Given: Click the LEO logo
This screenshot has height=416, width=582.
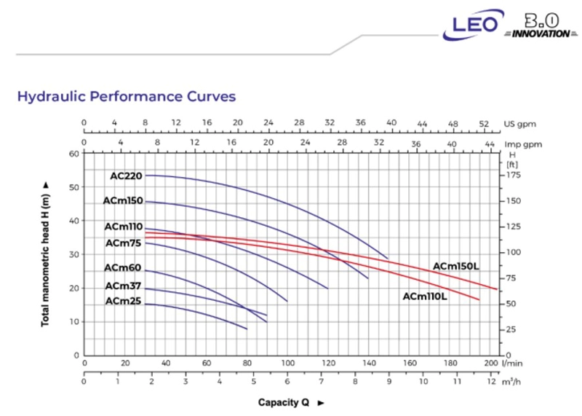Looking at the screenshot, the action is pyautogui.click(x=473, y=25).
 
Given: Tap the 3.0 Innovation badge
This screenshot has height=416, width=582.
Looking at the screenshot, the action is pyautogui.click(x=541, y=26).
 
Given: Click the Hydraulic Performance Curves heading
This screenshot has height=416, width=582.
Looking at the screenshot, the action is pyautogui.click(x=127, y=97).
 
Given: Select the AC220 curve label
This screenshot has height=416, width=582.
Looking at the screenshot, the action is pyautogui.click(x=126, y=176).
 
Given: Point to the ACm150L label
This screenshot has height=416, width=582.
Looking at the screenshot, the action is pyautogui.click(x=456, y=266).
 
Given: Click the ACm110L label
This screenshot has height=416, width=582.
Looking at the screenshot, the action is pyautogui.click(x=425, y=297).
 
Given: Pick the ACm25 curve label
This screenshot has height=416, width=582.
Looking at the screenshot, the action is pyautogui.click(x=123, y=301).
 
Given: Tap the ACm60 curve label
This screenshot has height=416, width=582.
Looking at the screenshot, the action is pyautogui.click(x=122, y=267).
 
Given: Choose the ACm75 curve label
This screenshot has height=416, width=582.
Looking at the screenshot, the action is pyautogui.click(x=123, y=243).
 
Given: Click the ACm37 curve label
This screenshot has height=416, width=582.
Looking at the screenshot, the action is pyautogui.click(x=123, y=286).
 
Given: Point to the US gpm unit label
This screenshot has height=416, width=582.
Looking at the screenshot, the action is pyautogui.click(x=519, y=124).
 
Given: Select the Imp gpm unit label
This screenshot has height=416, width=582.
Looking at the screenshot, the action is pyautogui.click(x=523, y=144).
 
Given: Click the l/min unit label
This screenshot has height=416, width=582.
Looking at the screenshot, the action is pyautogui.click(x=512, y=364).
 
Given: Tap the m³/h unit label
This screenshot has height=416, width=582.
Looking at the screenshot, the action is pyautogui.click(x=511, y=382).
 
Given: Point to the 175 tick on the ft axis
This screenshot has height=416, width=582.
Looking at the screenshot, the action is pyautogui.click(x=514, y=175).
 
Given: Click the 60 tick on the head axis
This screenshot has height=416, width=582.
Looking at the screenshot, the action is pyautogui.click(x=74, y=154).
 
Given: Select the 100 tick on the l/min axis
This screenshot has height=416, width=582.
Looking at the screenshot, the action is pyautogui.click(x=287, y=363).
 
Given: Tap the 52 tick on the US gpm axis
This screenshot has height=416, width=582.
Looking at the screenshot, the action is pyautogui.click(x=484, y=124).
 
